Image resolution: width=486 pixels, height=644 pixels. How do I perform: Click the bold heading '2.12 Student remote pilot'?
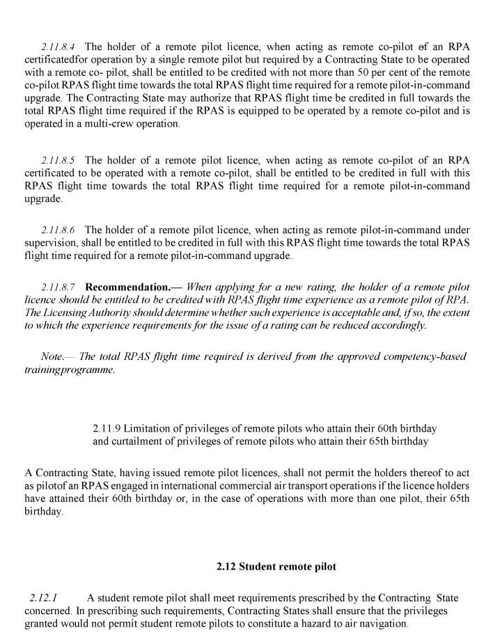click(x=276, y=567)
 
